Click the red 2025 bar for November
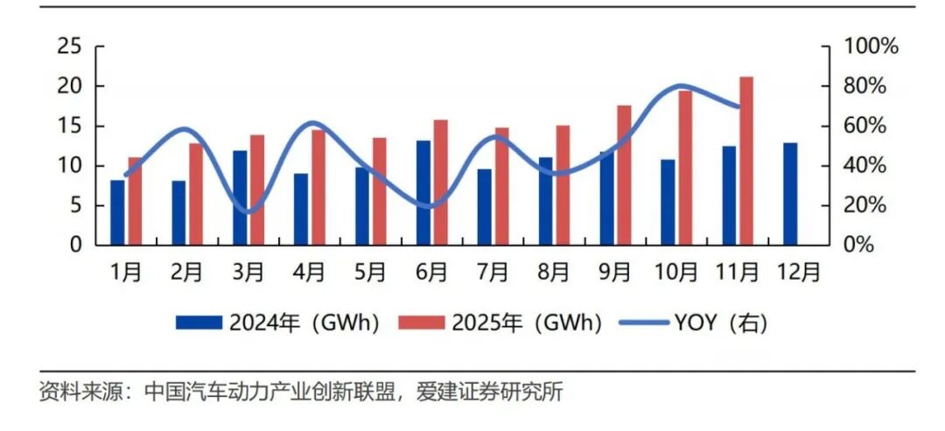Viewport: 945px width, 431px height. pyautogui.click(x=745, y=161)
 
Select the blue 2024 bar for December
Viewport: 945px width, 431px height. pyautogui.click(x=790, y=193)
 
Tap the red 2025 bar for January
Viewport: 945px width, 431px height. pyautogui.click(x=135, y=200)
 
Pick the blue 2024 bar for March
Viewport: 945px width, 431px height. pyautogui.click(x=240, y=198)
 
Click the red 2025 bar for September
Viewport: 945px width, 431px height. pyautogui.click(x=624, y=175)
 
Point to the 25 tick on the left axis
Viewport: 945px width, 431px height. pyautogui.click(x=70, y=47)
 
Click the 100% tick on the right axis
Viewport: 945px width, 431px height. pyautogui.click(x=870, y=47)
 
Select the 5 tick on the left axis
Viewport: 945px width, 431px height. pyautogui.click(x=75, y=205)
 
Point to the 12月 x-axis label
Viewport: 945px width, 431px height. pyautogui.click(x=799, y=272)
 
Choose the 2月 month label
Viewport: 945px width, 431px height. pyautogui.click(x=187, y=272)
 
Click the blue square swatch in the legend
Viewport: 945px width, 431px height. pyautogui.click(x=200, y=323)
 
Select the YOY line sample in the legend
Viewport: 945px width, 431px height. pyautogui.click(x=643, y=323)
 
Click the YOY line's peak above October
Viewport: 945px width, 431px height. pyautogui.click(x=682, y=87)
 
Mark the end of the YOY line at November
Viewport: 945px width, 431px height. pyautogui.click(x=739, y=107)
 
